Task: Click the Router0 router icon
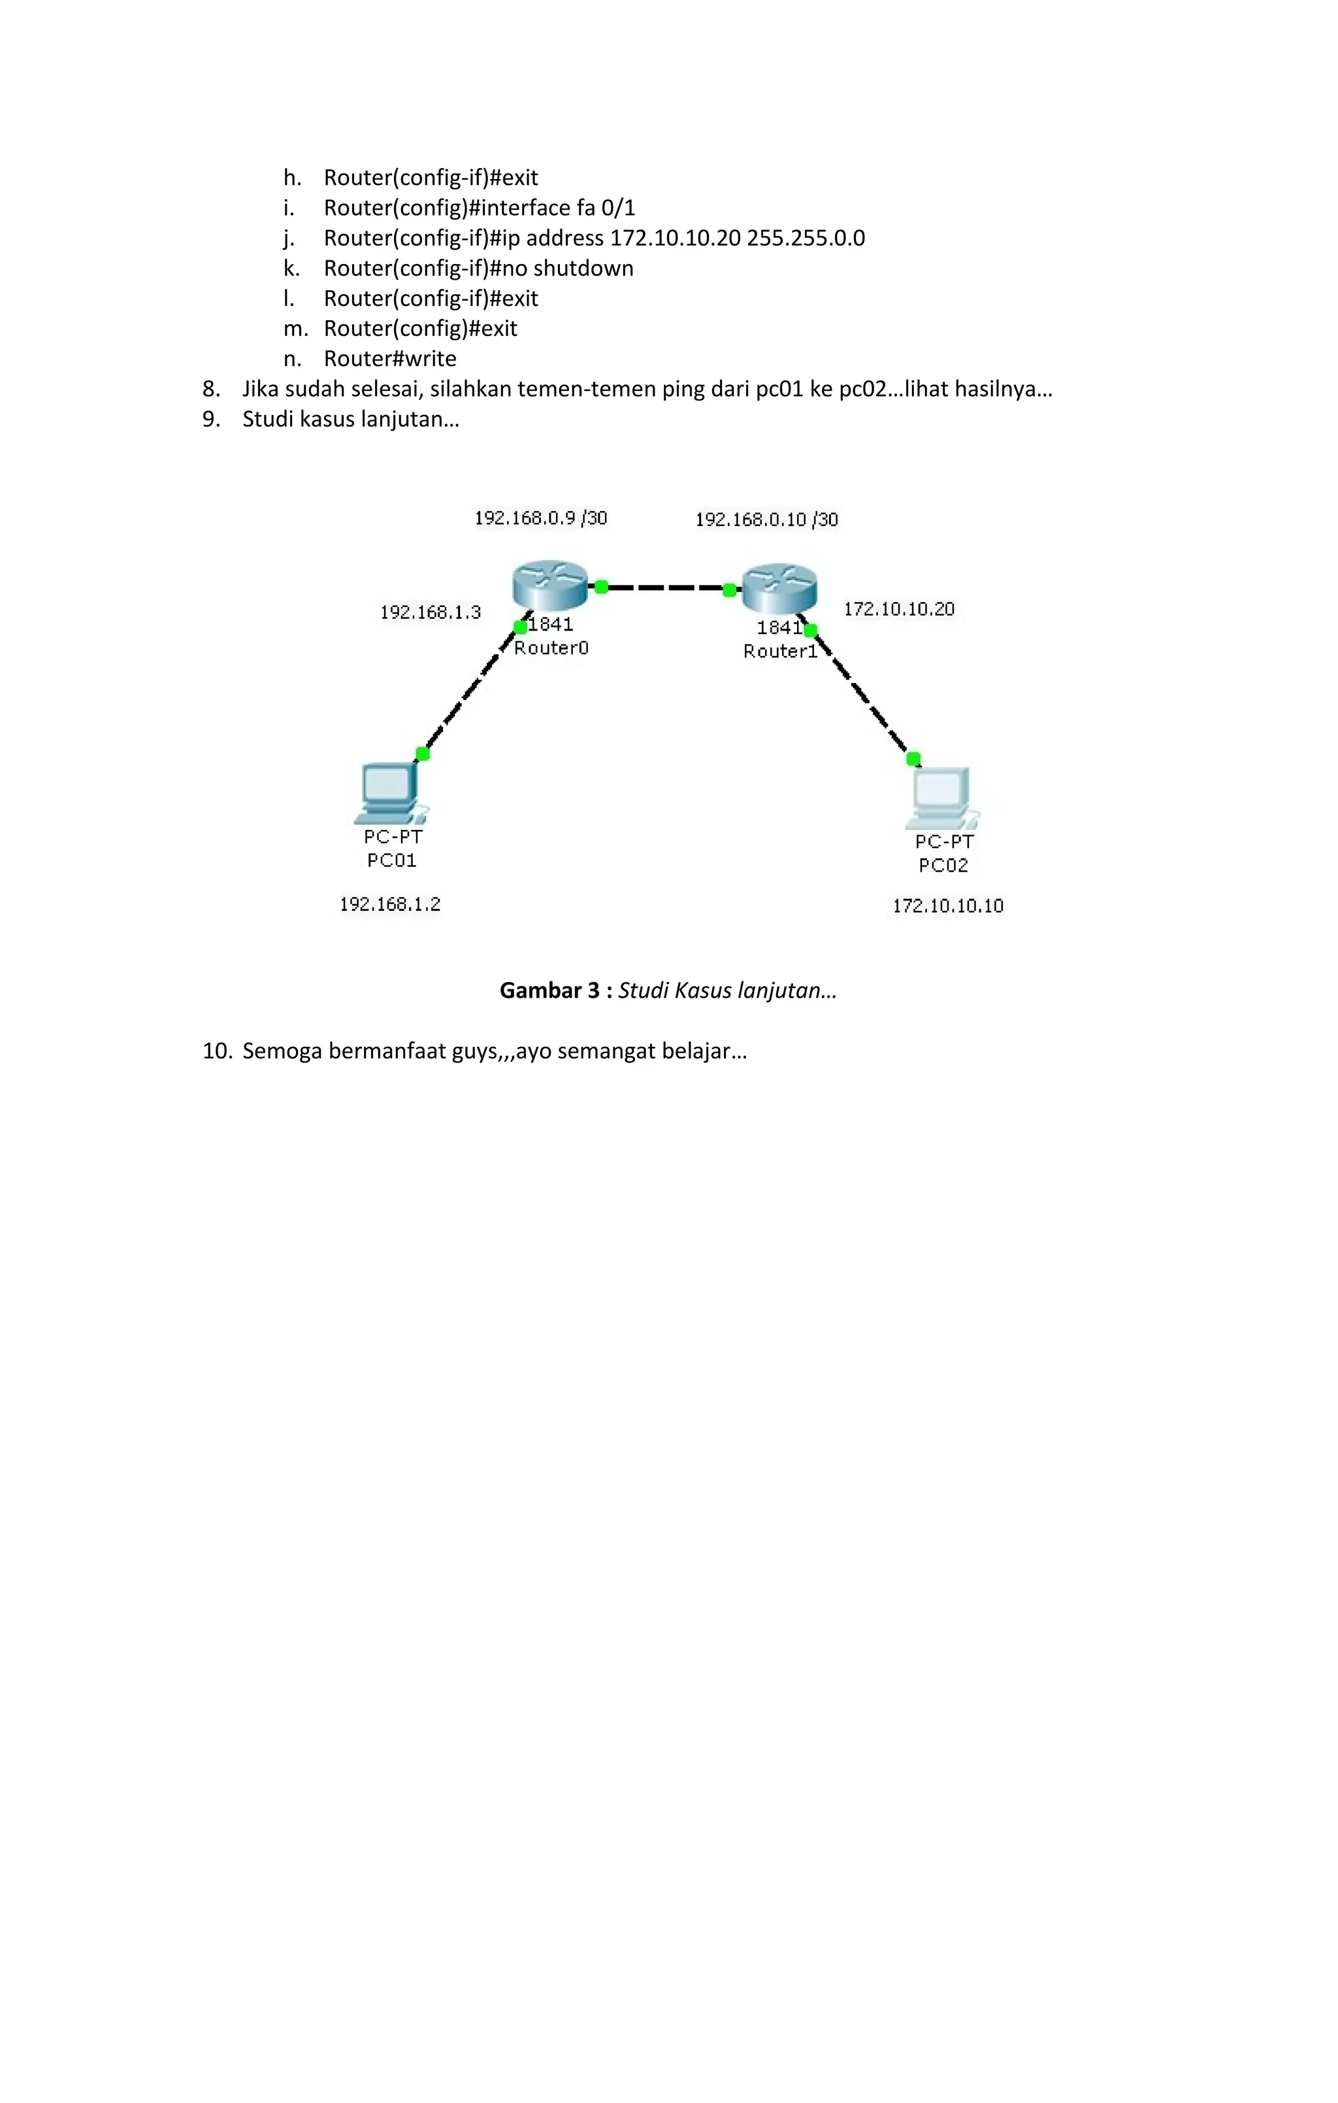click(549, 585)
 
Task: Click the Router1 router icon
click(779, 588)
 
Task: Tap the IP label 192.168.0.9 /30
click(540, 518)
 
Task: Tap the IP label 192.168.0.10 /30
click(766, 520)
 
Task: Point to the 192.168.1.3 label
click(430, 612)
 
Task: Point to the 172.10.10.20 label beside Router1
click(899, 608)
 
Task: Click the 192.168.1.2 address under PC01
click(389, 904)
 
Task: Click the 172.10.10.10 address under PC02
click(947, 906)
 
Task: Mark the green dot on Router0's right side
click(601, 587)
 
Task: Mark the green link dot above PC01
click(423, 753)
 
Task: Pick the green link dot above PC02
click(913, 757)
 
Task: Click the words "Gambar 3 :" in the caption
click(555, 989)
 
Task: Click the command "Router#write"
click(389, 358)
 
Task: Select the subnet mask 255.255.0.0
click(806, 237)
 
